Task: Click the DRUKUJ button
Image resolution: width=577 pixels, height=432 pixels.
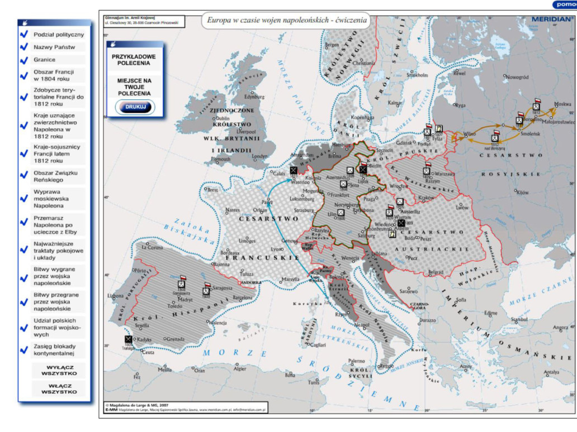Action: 135,106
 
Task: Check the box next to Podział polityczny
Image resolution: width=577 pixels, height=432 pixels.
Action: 24,35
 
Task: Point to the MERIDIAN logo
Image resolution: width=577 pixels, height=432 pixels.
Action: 550,18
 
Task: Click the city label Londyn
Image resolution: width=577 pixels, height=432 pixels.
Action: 260,157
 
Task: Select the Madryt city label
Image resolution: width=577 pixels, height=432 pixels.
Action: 186,299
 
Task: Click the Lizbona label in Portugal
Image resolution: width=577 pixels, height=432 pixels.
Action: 116,296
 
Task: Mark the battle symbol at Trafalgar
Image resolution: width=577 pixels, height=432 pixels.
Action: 128,339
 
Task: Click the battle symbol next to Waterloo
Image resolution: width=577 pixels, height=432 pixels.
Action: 294,170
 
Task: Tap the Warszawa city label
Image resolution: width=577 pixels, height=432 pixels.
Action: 444,174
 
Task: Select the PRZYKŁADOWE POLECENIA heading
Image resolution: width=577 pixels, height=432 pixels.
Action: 134,60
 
